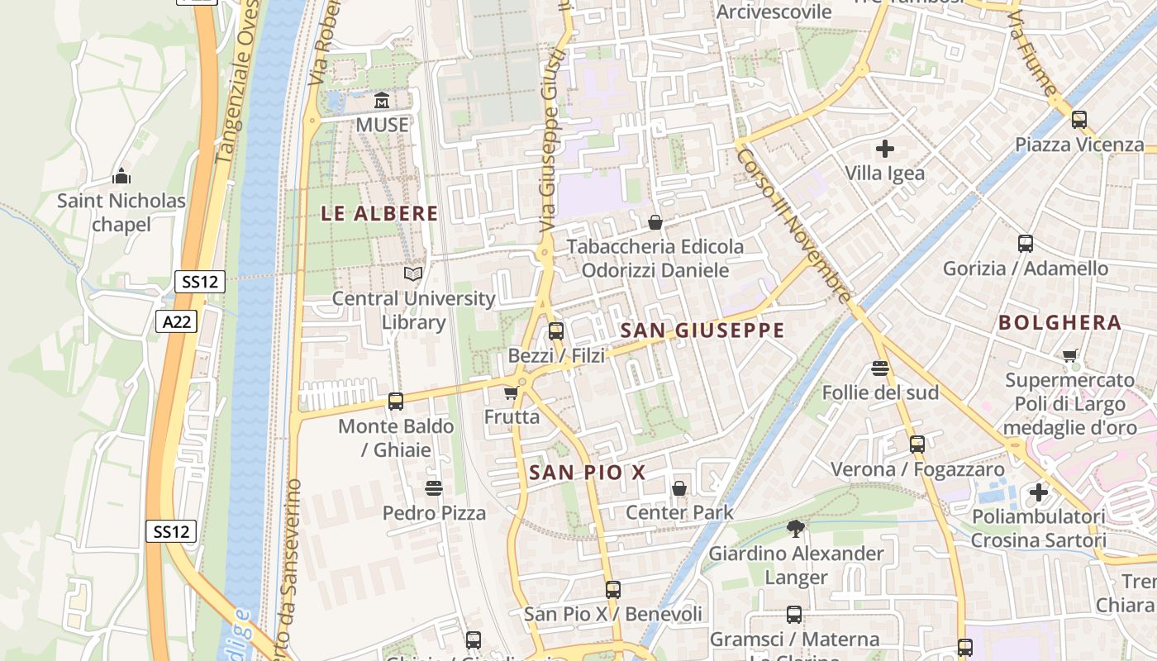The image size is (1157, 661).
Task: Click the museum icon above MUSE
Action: point(382,101)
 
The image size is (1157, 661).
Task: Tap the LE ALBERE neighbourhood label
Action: point(379,213)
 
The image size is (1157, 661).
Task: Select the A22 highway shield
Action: point(177,321)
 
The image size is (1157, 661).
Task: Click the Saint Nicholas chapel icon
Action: point(121,176)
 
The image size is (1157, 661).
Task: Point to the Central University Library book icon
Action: point(412,273)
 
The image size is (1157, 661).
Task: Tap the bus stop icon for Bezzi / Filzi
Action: point(556,331)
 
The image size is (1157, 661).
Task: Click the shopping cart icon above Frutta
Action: point(512,392)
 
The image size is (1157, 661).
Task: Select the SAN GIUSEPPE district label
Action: point(702,330)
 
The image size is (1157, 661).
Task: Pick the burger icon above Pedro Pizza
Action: point(434,488)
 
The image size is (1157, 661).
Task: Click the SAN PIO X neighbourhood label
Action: point(587,473)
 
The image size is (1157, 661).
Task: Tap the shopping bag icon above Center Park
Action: point(679,488)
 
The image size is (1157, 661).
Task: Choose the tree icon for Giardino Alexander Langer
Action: point(795,528)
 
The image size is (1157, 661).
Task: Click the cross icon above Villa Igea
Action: point(885,149)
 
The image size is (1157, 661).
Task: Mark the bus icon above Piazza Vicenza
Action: point(1078,120)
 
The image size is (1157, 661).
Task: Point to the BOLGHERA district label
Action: point(1059,323)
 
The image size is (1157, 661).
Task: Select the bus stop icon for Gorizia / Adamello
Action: point(1026,244)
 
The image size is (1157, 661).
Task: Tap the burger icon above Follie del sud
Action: point(880,368)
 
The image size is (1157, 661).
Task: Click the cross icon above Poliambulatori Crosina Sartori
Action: point(1038,492)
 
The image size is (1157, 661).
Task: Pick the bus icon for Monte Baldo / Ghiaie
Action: point(396,402)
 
